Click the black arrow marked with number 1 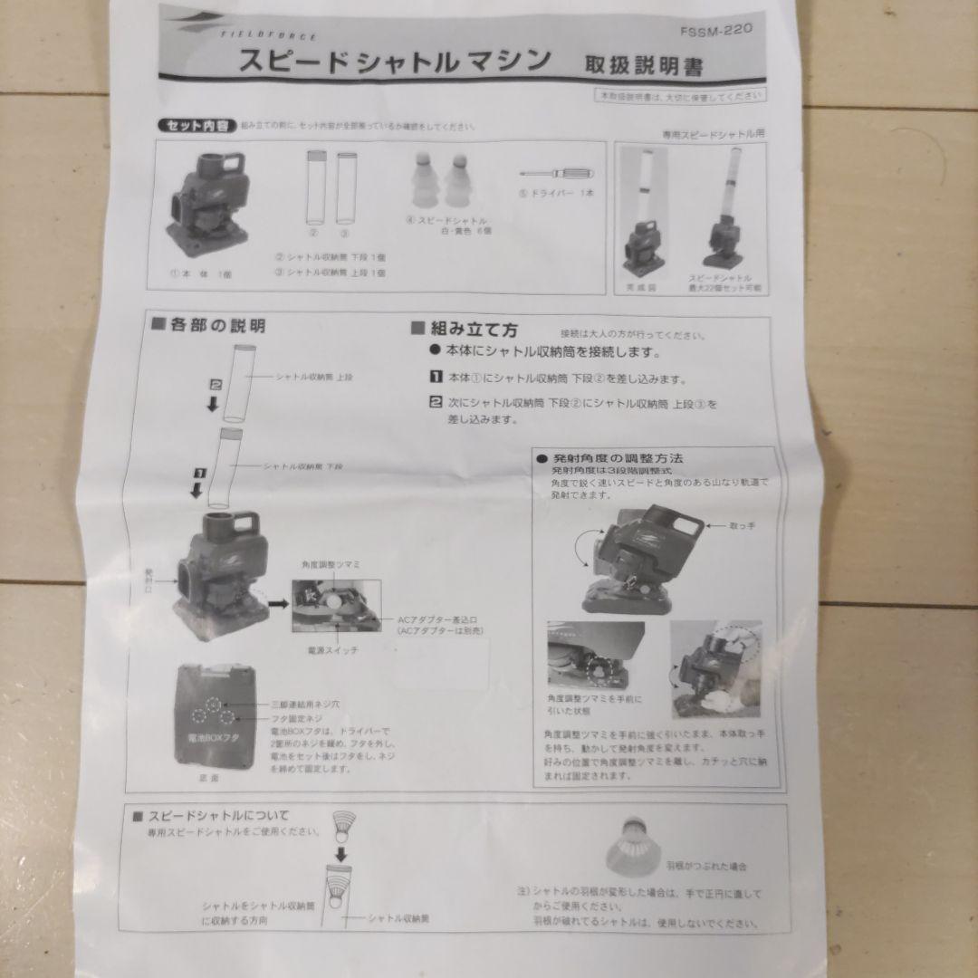point(195,484)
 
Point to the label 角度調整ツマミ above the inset point(330,563)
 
